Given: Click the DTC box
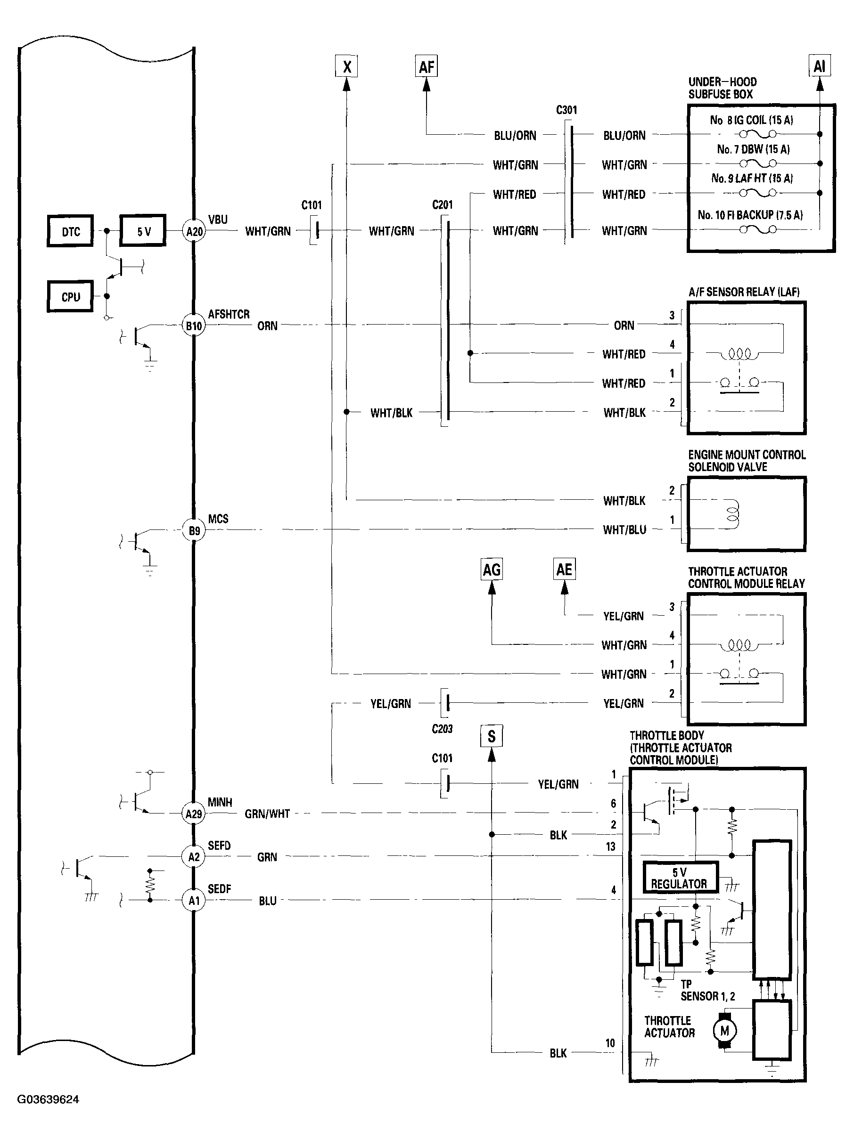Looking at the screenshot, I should click(x=71, y=231).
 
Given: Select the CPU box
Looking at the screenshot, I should click(x=71, y=297).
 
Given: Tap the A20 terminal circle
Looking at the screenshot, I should click(x=194, y=231).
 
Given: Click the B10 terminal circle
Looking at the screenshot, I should click(x=194, y=325).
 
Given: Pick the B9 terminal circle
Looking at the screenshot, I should click(x=194, y=530).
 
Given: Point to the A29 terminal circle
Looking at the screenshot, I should click(x=194, y=814).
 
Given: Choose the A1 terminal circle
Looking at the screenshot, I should click(x=194, y=901).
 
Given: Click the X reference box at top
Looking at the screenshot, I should click(x=347, y=66).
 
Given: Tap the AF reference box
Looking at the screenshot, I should click(x=427, y=66).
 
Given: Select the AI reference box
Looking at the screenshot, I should click(x=820, y=66).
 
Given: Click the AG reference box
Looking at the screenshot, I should click(x=492, y=569).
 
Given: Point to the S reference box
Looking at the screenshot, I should click(x=492, y=736).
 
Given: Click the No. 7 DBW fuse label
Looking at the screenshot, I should click(x=753, y=149).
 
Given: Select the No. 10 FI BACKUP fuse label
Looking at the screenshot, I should click(x=750, y=215).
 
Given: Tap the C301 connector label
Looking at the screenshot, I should click(x=567, y=110).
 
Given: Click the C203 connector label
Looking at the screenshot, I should click(x=442, y=729).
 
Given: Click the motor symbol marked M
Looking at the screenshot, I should click(x=725, y=1030).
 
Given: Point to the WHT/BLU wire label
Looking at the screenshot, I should click(x=624, y=530).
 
